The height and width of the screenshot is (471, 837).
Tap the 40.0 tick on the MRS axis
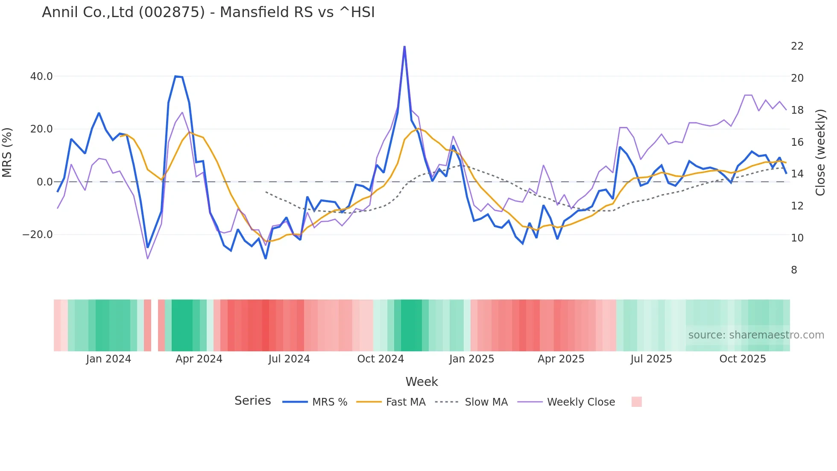tap(41, 77)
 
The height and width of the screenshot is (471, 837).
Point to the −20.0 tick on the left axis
tap(38, 235)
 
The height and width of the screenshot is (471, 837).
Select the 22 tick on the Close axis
tap(797, 46)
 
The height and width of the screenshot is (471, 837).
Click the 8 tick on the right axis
tap(794, 270)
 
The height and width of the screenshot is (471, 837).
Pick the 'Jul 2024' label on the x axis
tap(289, 359)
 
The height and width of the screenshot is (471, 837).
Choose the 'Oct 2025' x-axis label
tap(742, 359)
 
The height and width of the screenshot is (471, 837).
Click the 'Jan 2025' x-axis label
tap(471, 359)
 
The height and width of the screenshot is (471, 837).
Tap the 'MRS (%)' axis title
tap(7, 153)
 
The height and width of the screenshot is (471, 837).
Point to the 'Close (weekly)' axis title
tap(820, 153)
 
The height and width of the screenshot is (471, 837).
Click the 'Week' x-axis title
tap(421, 382)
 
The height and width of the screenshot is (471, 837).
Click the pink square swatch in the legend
tap(636, 402)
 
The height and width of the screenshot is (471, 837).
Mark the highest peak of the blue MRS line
tap(404, 47)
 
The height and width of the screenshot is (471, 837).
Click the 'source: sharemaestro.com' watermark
tap(756, 335)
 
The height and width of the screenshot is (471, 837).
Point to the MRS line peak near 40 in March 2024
tap(176, 77)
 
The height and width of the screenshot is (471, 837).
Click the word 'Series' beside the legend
tap(252, 401)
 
